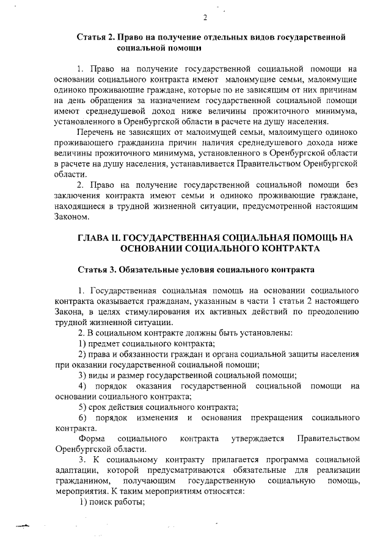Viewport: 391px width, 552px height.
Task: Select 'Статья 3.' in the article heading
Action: [97, 269]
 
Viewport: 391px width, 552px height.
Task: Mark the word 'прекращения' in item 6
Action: [277, 417]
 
